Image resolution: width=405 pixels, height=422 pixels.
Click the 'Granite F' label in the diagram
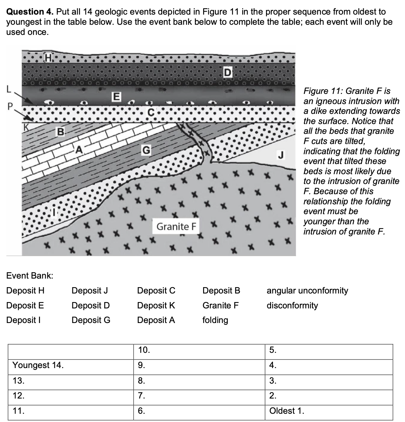pos(176,227)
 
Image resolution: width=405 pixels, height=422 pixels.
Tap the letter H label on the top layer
pos(49,58)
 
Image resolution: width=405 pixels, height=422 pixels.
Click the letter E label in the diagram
pos(116,96)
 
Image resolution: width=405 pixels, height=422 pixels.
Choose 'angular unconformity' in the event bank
pos(307,290)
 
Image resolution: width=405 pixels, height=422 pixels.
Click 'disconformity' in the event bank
pos(292,305)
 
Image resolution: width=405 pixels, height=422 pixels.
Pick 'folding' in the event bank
pos(215,320)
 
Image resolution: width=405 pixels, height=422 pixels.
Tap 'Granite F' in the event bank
pos(221,305)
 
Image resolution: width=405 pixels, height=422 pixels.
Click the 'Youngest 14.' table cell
pos(70,365)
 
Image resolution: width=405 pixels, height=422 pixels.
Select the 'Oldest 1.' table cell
pos(329,411)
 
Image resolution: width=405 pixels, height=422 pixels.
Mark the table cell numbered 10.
pos(199,350)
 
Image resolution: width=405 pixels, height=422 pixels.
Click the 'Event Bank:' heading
pos(30,275)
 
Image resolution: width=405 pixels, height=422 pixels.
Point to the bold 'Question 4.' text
pos(30,12)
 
